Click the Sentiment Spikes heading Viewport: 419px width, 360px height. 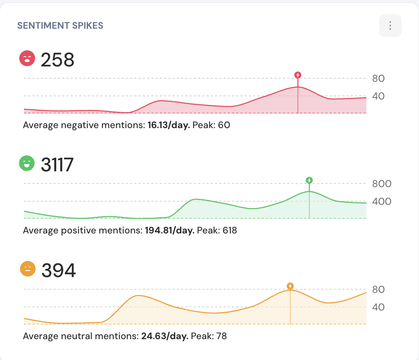tap(60, 26)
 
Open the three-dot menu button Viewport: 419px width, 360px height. tap(390, 26)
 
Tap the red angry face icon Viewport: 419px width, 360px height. tap(28, 59)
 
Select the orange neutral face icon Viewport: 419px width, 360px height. tap(28, 269)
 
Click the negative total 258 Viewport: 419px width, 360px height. tap(57, 60)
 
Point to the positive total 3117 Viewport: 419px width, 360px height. tap(57, 165)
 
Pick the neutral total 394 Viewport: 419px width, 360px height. tap(59, 270)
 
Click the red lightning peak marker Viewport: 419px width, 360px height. tap(298, 75)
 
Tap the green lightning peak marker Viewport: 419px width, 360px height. tap(309, 180)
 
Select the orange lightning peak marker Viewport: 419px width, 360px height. tap(290, 286)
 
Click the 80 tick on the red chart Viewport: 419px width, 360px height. tap(379, 79)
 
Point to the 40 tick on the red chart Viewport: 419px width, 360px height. tap(379, 96)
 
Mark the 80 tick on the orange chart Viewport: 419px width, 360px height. tap(379, 290)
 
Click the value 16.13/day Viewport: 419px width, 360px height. tap(169, 125)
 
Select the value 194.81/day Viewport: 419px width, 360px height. tap(170, 230)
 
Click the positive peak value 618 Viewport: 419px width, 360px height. tap(230, 230)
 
